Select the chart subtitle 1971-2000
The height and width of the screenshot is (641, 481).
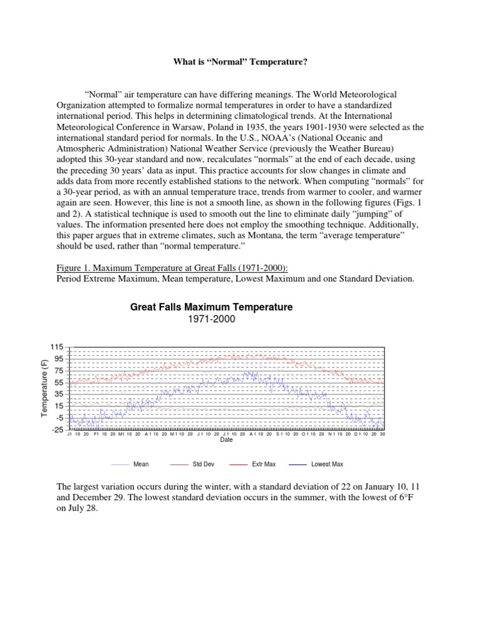click(211, 319)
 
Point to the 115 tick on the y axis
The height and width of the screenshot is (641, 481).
click(56, 347)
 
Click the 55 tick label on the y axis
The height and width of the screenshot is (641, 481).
click(58, 382)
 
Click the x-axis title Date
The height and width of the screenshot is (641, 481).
click(226, 440)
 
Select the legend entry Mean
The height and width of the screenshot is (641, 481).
click(140, 464)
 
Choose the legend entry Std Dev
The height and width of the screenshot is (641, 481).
click(202, 464)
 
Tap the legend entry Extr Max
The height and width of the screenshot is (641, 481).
click(264, 464)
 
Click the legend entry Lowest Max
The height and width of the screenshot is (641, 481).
click(327, 464)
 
